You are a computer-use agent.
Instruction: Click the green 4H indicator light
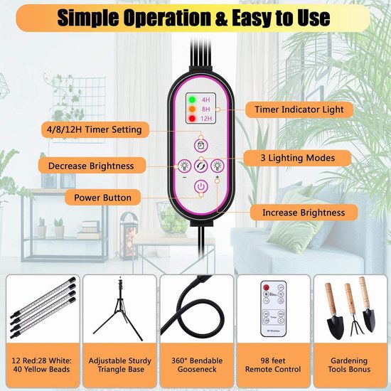coord(192,100)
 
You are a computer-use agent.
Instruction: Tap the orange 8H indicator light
coord(192,109)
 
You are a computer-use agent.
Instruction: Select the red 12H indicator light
coord(192,119)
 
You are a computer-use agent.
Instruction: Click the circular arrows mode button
coord(201,166)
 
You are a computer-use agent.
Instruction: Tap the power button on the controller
coord(201,186)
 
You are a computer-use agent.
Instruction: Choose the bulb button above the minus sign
coord(185,166)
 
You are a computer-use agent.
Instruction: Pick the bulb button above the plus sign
coord(218,166)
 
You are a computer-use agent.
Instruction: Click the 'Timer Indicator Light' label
coord(299,109)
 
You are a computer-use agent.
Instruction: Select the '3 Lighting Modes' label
coord(298,158)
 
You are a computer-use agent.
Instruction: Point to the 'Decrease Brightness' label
coord(92,166)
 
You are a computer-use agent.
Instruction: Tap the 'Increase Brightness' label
coord(304,213)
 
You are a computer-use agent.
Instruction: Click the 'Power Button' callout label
coord(103,198)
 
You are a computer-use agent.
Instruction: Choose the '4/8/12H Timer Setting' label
coord(95,129)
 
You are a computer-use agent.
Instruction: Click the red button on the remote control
coord(266,287)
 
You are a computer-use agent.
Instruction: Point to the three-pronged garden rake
coord(351,311)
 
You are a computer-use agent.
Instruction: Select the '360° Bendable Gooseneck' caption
coord(197,365)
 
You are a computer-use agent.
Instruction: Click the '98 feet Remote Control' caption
coord(273,365)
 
